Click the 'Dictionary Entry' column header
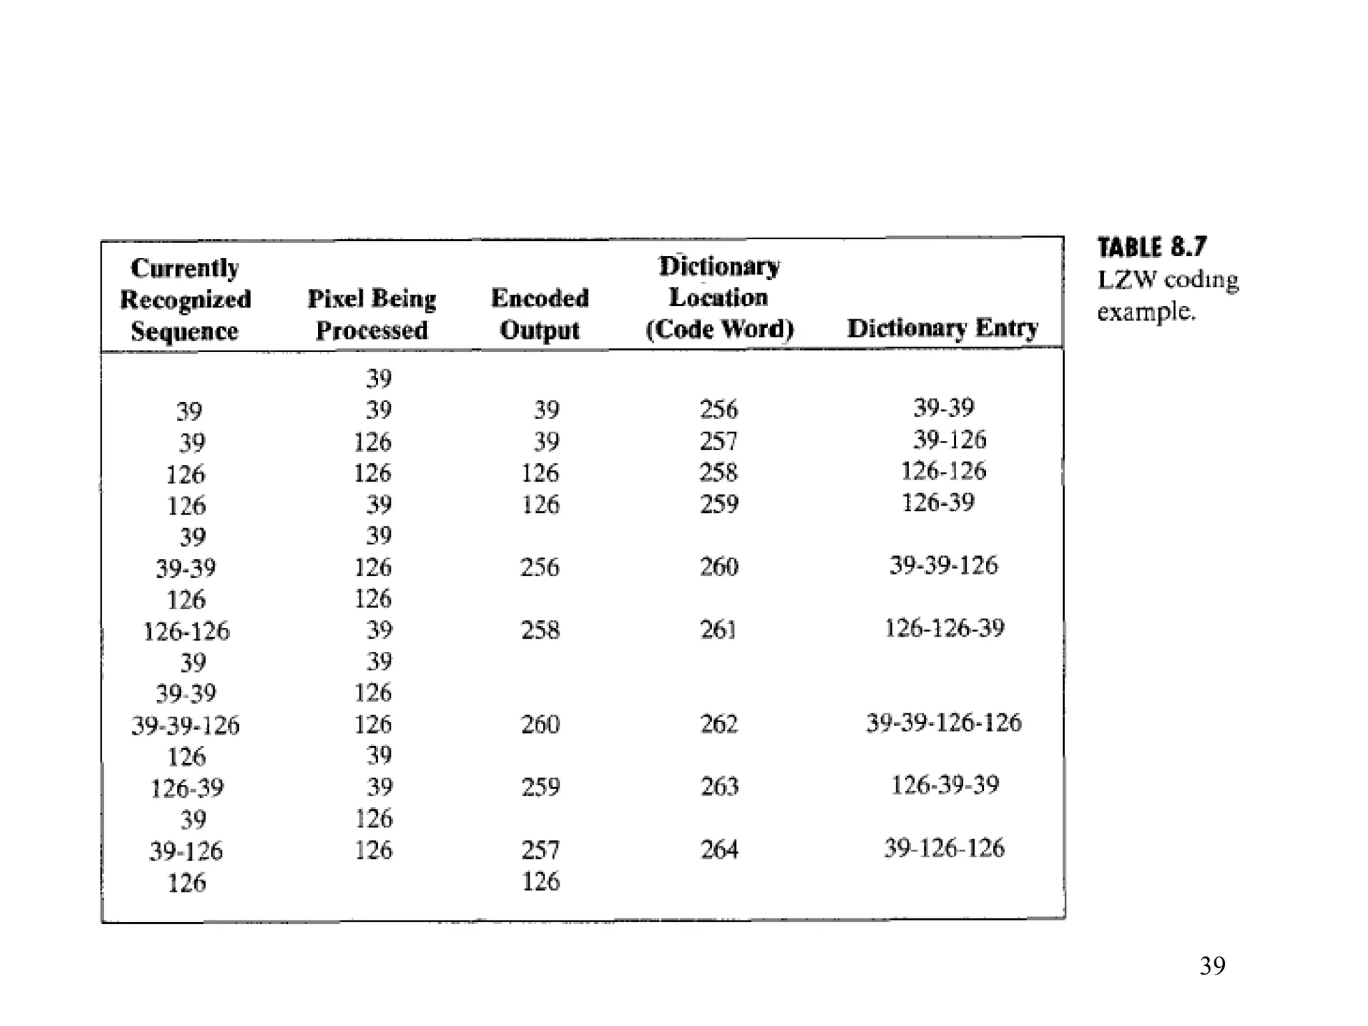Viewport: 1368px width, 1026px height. click(x=943, y=328)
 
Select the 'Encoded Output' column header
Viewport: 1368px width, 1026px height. click(x=540, y=313)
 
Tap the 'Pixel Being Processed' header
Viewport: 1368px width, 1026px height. click(x=371, y=313)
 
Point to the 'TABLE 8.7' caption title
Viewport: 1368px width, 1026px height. click(x=1152, y=247)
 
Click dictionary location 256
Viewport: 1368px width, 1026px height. click(x=719, y=409)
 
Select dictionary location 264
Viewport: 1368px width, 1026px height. click(x=719, y=850)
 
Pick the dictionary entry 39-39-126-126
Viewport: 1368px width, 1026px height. click(x=944, y=723)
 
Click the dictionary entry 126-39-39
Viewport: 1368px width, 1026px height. click(x=945, y=785)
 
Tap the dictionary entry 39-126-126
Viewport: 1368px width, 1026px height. click(x=945, y=848)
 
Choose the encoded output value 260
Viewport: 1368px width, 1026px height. click(x=540, y=724)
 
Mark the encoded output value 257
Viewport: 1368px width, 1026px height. click(x=540, y=850)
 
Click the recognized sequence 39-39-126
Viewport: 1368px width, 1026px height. click(x=185, y=725)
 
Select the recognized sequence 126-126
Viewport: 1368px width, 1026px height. click(x=186, y=631)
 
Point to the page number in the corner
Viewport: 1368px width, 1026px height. click(x=1212, y=966)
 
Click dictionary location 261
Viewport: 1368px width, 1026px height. click(x=719, y=629)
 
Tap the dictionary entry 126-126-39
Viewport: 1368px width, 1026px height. click(x=945, y=629)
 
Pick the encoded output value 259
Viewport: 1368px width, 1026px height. click(x=540, y=787)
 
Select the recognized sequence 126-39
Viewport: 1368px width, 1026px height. click(x=187, y=788)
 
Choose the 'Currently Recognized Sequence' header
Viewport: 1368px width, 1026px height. click(x=185, y=299)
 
